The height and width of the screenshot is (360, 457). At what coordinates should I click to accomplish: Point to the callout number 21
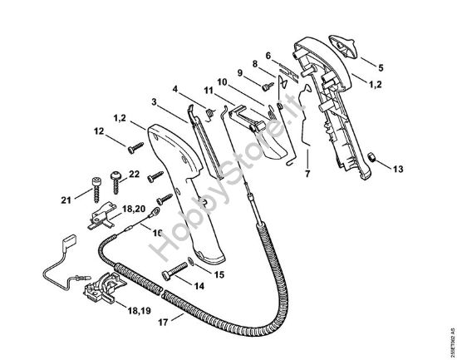(x=66, y=199)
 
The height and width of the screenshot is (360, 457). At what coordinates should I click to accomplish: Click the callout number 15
(x=219, y=273)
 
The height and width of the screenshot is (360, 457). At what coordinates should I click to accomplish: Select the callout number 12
(x=99, y=130)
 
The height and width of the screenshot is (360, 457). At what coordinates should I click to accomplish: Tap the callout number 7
(x=307, y=175)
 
